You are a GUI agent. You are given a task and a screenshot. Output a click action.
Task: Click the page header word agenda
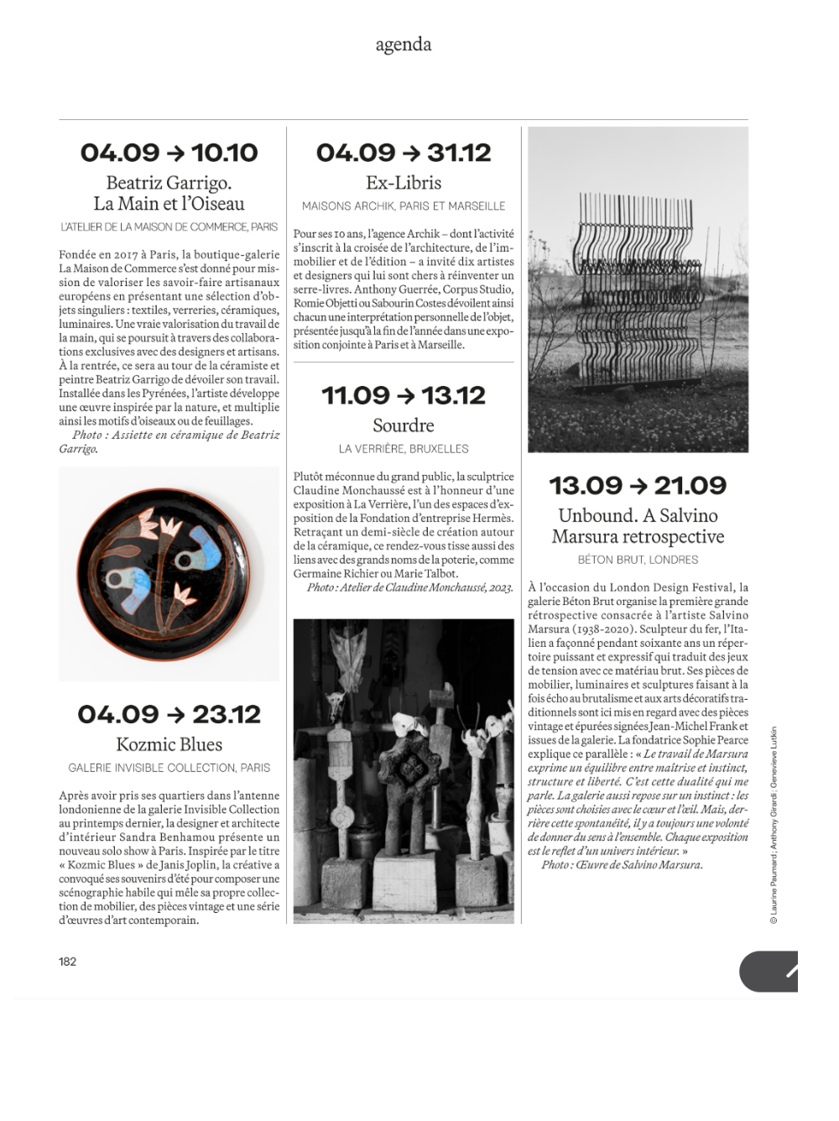click(403, 44)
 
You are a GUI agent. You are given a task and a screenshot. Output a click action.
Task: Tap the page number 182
click(67, 962)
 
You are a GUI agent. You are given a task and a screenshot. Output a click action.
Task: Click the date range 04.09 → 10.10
click(169, 153)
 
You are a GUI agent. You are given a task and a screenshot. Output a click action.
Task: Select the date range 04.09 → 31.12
click(404, 153)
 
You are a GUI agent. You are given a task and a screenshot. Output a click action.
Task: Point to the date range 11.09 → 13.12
click(404, 395)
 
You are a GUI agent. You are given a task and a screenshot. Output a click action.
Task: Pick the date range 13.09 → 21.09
click(638, 485)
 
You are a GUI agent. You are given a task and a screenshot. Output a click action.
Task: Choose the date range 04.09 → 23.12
click(169, 714)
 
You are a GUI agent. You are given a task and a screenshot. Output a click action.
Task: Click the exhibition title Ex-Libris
click(404, 183)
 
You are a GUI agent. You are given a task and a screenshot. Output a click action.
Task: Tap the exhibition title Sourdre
click(404, 425)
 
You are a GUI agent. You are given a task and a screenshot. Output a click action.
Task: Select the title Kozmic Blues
click(169, 744)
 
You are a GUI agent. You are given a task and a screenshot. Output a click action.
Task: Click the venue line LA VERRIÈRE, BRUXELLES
click(404, 449)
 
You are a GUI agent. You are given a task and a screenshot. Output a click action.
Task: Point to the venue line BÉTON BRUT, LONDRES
click(638, 560)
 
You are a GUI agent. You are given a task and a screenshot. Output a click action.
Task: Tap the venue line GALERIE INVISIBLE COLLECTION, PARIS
click(169, 768)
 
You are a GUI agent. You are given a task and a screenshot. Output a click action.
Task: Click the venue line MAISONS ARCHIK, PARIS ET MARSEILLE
click(404, 206)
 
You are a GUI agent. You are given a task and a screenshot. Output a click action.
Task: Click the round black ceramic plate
click(169, 574)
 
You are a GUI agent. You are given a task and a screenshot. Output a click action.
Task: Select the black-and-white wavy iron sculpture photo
click(638, 289)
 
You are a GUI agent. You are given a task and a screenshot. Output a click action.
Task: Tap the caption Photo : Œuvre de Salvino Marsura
click(622, 865)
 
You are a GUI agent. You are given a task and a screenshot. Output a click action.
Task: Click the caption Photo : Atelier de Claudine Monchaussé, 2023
click(409, 587)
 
